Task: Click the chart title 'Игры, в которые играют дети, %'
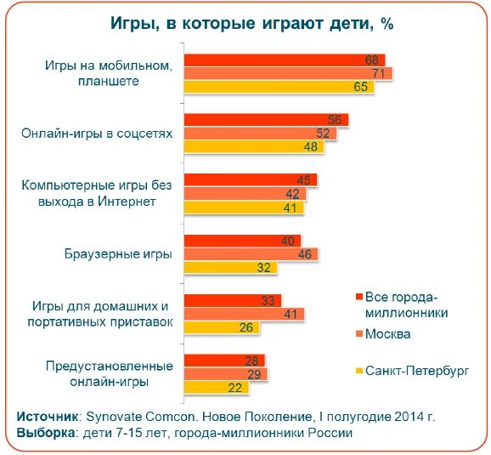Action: coord(252,23)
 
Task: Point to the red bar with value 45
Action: coord(250,179)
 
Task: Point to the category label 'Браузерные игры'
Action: coord(119,253)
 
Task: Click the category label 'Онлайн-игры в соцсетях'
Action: coord(98,134)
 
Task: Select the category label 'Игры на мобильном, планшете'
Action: coord(114,73)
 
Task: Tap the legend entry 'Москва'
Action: coord(387,334)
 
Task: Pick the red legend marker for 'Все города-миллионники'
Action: coord(358,297)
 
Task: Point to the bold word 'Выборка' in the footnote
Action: coord(45,432)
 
